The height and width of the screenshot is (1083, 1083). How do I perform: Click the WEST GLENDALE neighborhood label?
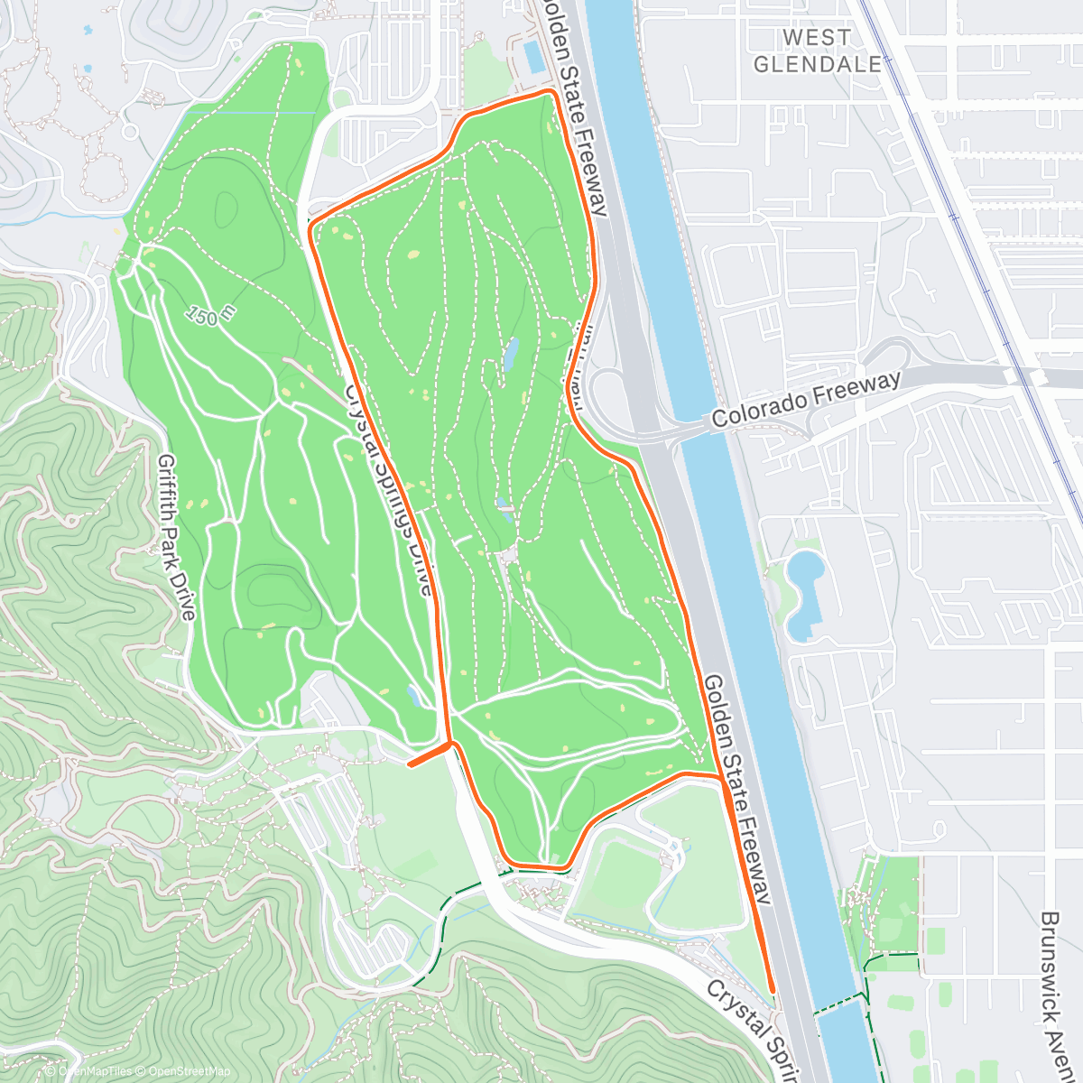(817, 51)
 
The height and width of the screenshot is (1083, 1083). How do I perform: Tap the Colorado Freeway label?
(806, 400)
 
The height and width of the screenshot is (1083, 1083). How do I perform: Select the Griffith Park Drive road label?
(177, 537)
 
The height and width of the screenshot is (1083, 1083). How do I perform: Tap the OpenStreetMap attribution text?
(190, 1071)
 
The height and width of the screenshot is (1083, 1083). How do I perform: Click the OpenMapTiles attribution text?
(95, 1071)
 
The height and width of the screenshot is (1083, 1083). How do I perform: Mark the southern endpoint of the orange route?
(773, 991)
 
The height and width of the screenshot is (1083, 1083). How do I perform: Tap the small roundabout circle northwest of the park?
(130, 132)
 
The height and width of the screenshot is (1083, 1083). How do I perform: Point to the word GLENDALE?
(817, 64)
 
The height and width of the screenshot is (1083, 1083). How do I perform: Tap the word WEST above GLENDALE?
(817, 37)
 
